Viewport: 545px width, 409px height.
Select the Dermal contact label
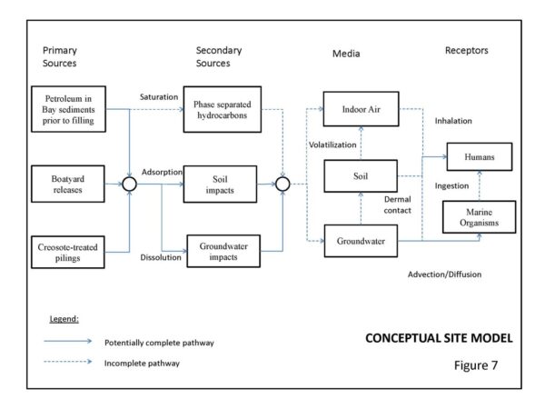(x=398, y=203)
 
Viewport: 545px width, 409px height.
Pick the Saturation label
(x=160, y=96)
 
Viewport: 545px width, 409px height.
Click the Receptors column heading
(x=468, y=51)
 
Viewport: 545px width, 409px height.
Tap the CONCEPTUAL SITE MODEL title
(x=439, y=338)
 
